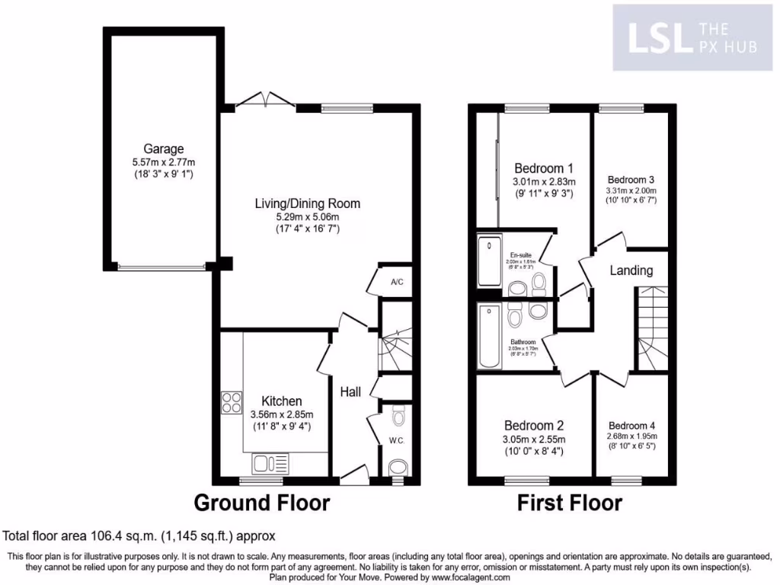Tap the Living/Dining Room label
pyautogui.click(x=307, y=203)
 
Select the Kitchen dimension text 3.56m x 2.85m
pyautogui.click(x=281, y=414)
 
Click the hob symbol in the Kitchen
pyautogui.click(x=231, y=402)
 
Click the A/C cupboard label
pyautogui.click(x=396, y=283)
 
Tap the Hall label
pyautogui.click(x=350, y=392)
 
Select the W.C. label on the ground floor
pyautogui.click(x=395, y=440)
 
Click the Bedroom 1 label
pyautogui.click(x=543, y=168)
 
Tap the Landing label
pyautogui.click(x=631, y=270)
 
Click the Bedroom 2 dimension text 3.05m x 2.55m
pyautogui.click(x=533, y=439)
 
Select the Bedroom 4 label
pyautogui.click(x=631, y=425)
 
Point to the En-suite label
pyautogui.click(x=521, y=254)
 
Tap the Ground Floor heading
pyautogui.click(x=262, y=503)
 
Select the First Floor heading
pyautogui.click(x=569, y=503)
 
